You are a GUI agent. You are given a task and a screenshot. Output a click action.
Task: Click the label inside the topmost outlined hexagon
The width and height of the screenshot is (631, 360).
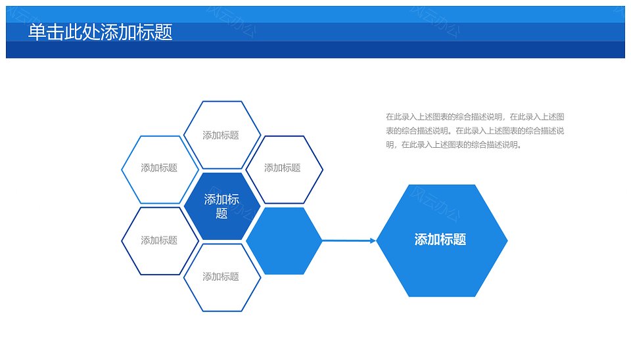[221, 135]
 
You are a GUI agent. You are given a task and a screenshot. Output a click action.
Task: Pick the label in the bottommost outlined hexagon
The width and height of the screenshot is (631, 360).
[221, 277]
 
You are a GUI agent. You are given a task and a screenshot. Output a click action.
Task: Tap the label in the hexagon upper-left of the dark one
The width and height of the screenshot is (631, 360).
[159, 168]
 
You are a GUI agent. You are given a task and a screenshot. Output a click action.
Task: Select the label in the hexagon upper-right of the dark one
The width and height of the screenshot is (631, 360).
[283, 168]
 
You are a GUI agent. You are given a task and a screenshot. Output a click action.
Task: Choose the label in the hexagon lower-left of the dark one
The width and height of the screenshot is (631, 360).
[159, 240]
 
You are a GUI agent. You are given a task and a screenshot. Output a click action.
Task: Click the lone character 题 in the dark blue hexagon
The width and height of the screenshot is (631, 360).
[222, 214]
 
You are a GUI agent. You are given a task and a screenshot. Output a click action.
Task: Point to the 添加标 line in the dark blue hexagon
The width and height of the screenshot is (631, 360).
[222, 200]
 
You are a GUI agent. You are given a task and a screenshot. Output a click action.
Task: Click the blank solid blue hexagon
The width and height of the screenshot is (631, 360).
[284, 241]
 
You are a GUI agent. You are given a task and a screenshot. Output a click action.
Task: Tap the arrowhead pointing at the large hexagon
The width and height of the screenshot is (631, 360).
[373, 241]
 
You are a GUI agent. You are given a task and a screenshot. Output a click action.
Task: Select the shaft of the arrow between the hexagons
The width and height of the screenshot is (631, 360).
[346, 241]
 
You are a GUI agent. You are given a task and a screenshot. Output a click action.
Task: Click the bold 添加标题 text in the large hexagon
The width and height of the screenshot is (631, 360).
[440, 240]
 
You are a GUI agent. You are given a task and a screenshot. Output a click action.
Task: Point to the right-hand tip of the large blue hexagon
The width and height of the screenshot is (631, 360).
[507, 241]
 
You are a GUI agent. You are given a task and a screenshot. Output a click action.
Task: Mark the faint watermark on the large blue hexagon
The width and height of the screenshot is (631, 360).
[435, 205]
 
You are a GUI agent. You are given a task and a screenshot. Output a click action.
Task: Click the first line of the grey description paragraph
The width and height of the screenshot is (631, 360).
[475, 117]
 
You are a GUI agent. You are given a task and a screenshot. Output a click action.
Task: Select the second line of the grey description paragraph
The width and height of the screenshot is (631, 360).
[475, 131]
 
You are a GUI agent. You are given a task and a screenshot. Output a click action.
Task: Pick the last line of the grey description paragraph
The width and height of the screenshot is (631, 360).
[454, 145]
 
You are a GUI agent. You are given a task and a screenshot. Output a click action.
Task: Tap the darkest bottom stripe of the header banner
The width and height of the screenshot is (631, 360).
[315, 50]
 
